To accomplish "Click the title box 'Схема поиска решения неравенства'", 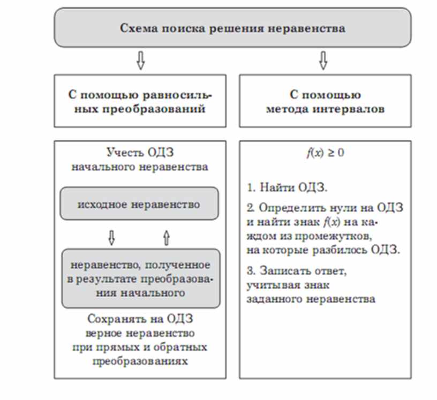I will pyautogui.click(x=232, y=28).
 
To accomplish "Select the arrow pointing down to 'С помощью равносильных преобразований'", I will pyautogui.click(x=141, y=61).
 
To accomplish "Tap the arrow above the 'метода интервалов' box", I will pyautogui.click(x=323, y=61).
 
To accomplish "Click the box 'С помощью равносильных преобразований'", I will pyautogui.click(x=140, y=101).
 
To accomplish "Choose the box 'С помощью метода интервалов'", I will pyautogui.click(x=325, y=101).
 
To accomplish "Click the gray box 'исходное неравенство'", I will pyautogui.click(x=139, y=204).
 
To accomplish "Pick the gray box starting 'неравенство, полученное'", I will pyautogui.click(x=140, y=278).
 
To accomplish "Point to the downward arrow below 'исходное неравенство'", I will pyautogui.click(x=112, y=237).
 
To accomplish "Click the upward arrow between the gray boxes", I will pyautogui.click(x=166, y=237).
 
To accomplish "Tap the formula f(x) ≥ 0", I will pyautogui.click(x=325, y=153).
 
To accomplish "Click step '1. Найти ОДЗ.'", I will pyautogui.click(x=287, y=188).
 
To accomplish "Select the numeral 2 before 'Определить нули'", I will pyautogui.click(x=250, y=207).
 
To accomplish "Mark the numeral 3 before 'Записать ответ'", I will pyautogui.click(x=250, y=271).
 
